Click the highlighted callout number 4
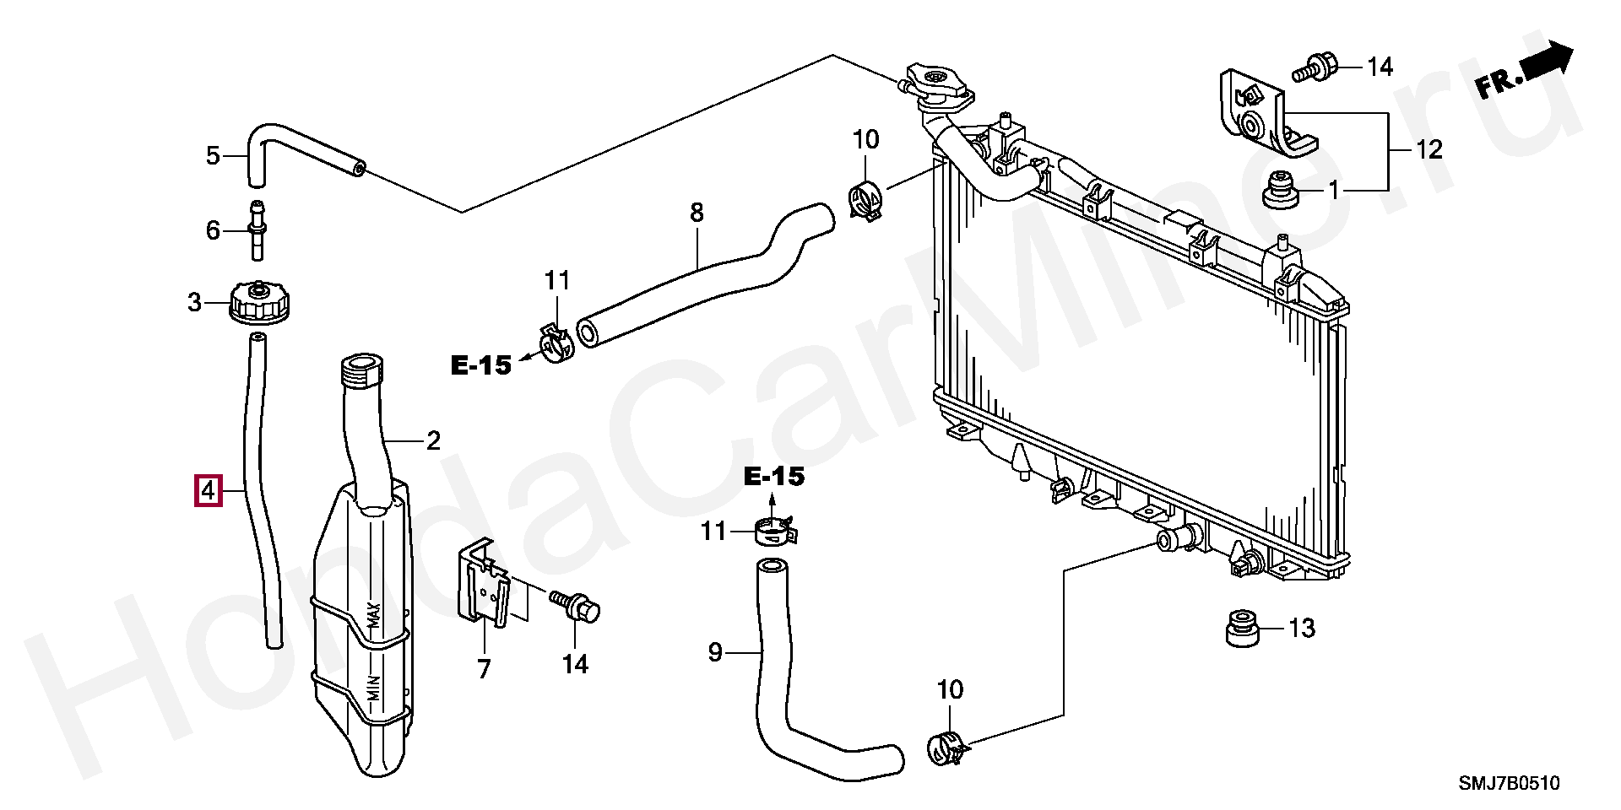tap(208, 490)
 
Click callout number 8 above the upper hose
tap(696, 213)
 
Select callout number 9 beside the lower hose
tap(715, 652)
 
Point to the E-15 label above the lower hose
tap(774, 477)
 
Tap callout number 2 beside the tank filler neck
tap(432, 440)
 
